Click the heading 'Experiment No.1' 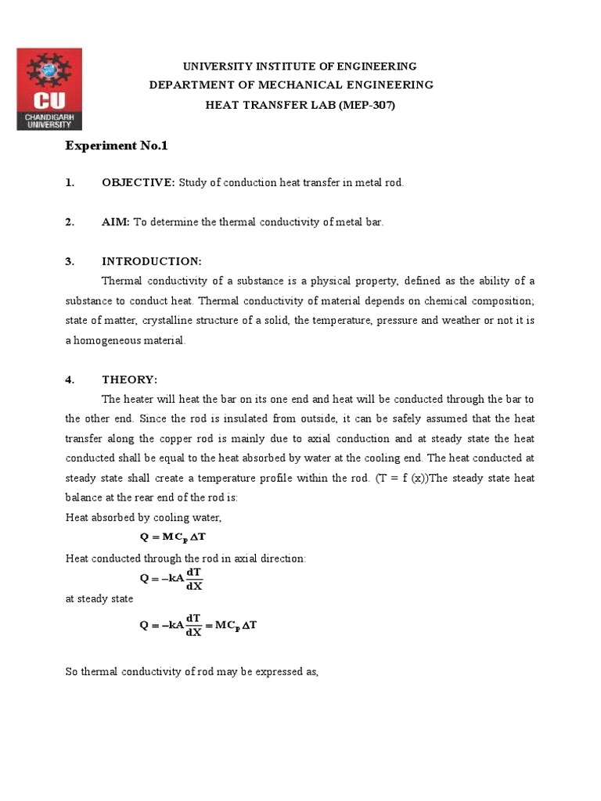(117, 145)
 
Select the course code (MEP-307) (367, 104)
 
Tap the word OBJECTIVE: (139, 182)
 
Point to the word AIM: (116, 222)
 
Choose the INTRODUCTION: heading (152, 261)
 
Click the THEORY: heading (129, 379)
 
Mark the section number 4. (70, 379)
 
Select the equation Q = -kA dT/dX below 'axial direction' (171, 579)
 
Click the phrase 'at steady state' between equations (99, 598)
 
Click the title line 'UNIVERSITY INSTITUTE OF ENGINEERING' (300, 66)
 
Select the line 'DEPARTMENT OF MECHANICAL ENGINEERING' (291, 85)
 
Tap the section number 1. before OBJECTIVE (70, 182)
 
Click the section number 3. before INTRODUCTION (70, 261)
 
